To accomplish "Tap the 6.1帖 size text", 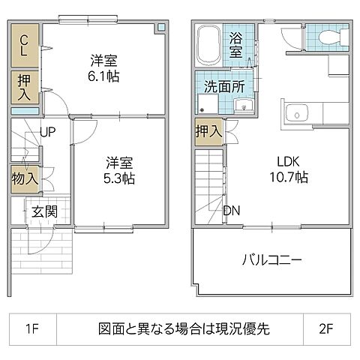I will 105,76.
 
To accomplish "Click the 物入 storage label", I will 24,178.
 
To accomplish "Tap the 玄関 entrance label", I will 44,212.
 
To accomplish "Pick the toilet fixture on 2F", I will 328,37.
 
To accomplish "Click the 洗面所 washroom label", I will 226,86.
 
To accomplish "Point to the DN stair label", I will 232,211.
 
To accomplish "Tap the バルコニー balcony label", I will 271,261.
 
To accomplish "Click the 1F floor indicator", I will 31,328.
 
